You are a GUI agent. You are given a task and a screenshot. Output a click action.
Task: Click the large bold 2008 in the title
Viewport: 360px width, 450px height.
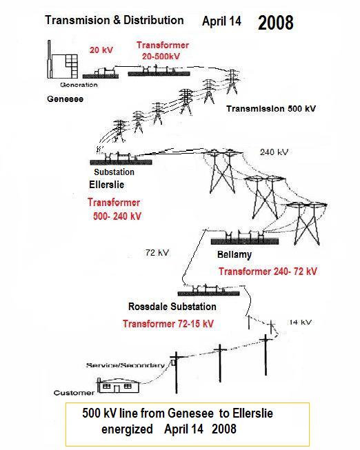coord(276,23)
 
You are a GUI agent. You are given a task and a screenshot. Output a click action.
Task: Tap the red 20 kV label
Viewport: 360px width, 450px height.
coord(101,50)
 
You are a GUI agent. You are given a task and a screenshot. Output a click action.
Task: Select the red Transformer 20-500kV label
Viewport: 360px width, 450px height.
coord(162,50)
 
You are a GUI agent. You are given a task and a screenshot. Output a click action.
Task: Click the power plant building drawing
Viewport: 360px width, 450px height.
coord(63,59)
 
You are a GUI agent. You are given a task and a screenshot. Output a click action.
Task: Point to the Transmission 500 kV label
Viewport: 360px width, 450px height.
coord(271,109)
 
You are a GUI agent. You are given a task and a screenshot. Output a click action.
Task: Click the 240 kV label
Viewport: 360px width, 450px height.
coord(274,152)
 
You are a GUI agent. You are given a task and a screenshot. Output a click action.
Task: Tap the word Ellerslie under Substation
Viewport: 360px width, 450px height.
coord(107,185)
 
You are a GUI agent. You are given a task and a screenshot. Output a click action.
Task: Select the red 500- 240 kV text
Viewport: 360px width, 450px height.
coord(117,216)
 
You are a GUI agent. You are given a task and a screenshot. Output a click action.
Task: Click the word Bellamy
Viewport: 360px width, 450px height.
coord(234,254)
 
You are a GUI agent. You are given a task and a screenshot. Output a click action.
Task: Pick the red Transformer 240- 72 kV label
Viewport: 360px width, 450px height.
coord(268,272)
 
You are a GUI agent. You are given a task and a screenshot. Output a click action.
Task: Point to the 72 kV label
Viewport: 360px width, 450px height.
coord(157,253)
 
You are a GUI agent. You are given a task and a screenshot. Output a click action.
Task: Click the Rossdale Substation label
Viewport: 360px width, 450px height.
coord(172,307)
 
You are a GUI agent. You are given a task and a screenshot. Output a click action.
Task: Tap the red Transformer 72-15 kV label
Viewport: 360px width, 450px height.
coord(168,324)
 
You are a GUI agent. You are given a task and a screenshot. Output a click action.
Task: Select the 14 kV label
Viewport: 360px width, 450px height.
coord(300,323)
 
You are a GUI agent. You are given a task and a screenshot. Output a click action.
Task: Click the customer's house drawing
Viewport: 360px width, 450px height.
coord(119,385)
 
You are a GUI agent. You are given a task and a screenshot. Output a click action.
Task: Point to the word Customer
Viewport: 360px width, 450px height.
coord(74,393)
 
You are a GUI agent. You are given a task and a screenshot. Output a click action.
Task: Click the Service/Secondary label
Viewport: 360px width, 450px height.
coord(126,365)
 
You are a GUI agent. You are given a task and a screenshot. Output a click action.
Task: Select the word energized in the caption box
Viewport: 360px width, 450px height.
coord(127,429)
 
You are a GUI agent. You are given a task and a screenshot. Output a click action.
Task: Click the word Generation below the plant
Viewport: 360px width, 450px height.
coord(79,85)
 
